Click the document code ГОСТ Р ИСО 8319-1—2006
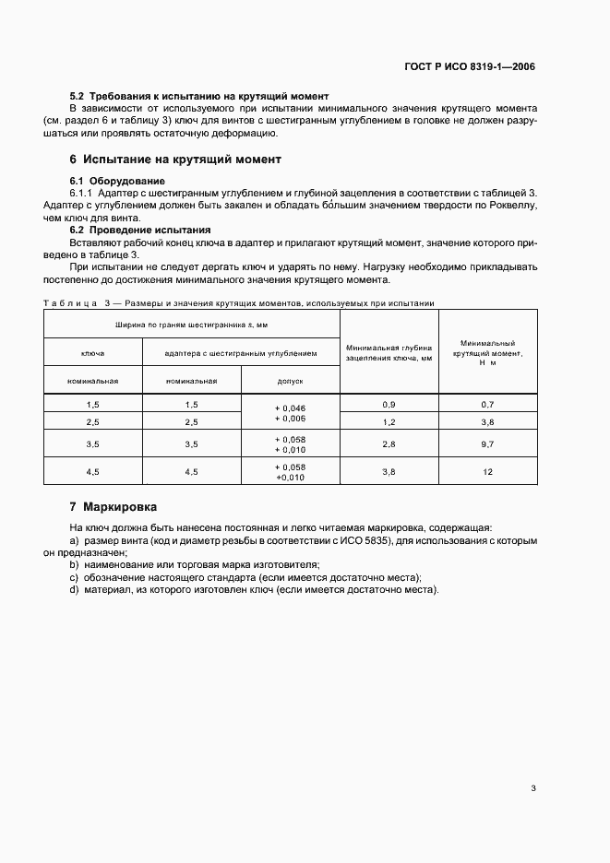(469, 66)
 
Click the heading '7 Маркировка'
(114, 507)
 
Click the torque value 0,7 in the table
(487, 405)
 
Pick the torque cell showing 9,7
(487, 443)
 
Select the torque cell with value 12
(487, 471)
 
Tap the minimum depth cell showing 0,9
(389, 405)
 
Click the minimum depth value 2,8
(389, 443)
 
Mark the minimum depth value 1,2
(389, 421)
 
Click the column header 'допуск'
(290, 380)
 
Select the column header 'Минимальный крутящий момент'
(487, 352)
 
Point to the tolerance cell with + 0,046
(290, 408)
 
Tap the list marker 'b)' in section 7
(74, 563)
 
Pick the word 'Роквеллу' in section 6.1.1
(512, 206)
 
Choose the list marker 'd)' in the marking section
(74, 590)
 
